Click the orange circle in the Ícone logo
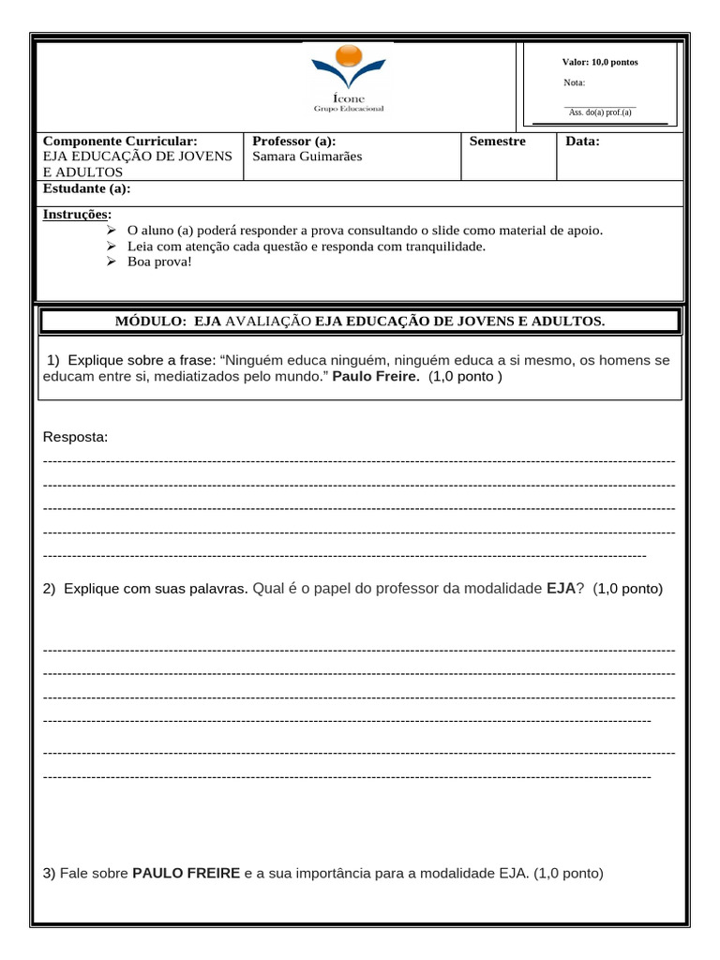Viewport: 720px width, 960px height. coord(348,57)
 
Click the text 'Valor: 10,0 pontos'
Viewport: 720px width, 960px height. coord(600,62)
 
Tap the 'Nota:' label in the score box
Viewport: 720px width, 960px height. coord(574,82)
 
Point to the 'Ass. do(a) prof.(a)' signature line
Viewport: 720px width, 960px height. coord(600,112)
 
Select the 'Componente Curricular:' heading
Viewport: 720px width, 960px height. coord(120,141)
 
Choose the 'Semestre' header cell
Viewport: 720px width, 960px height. coord(498,141)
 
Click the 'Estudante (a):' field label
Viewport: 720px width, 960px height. coord(87,188)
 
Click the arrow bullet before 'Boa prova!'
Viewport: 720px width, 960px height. coord(111,262)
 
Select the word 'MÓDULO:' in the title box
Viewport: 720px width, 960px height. coord(151,322)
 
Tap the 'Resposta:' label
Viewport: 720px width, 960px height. coord(76,438)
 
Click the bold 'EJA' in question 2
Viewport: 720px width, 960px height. coord(561,589)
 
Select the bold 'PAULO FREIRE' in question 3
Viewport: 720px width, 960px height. coord(186,873)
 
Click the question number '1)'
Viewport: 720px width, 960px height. coord(54,360)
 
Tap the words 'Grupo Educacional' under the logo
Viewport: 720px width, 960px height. coord(348,108)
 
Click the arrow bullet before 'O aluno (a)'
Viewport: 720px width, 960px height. coord(111,230)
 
